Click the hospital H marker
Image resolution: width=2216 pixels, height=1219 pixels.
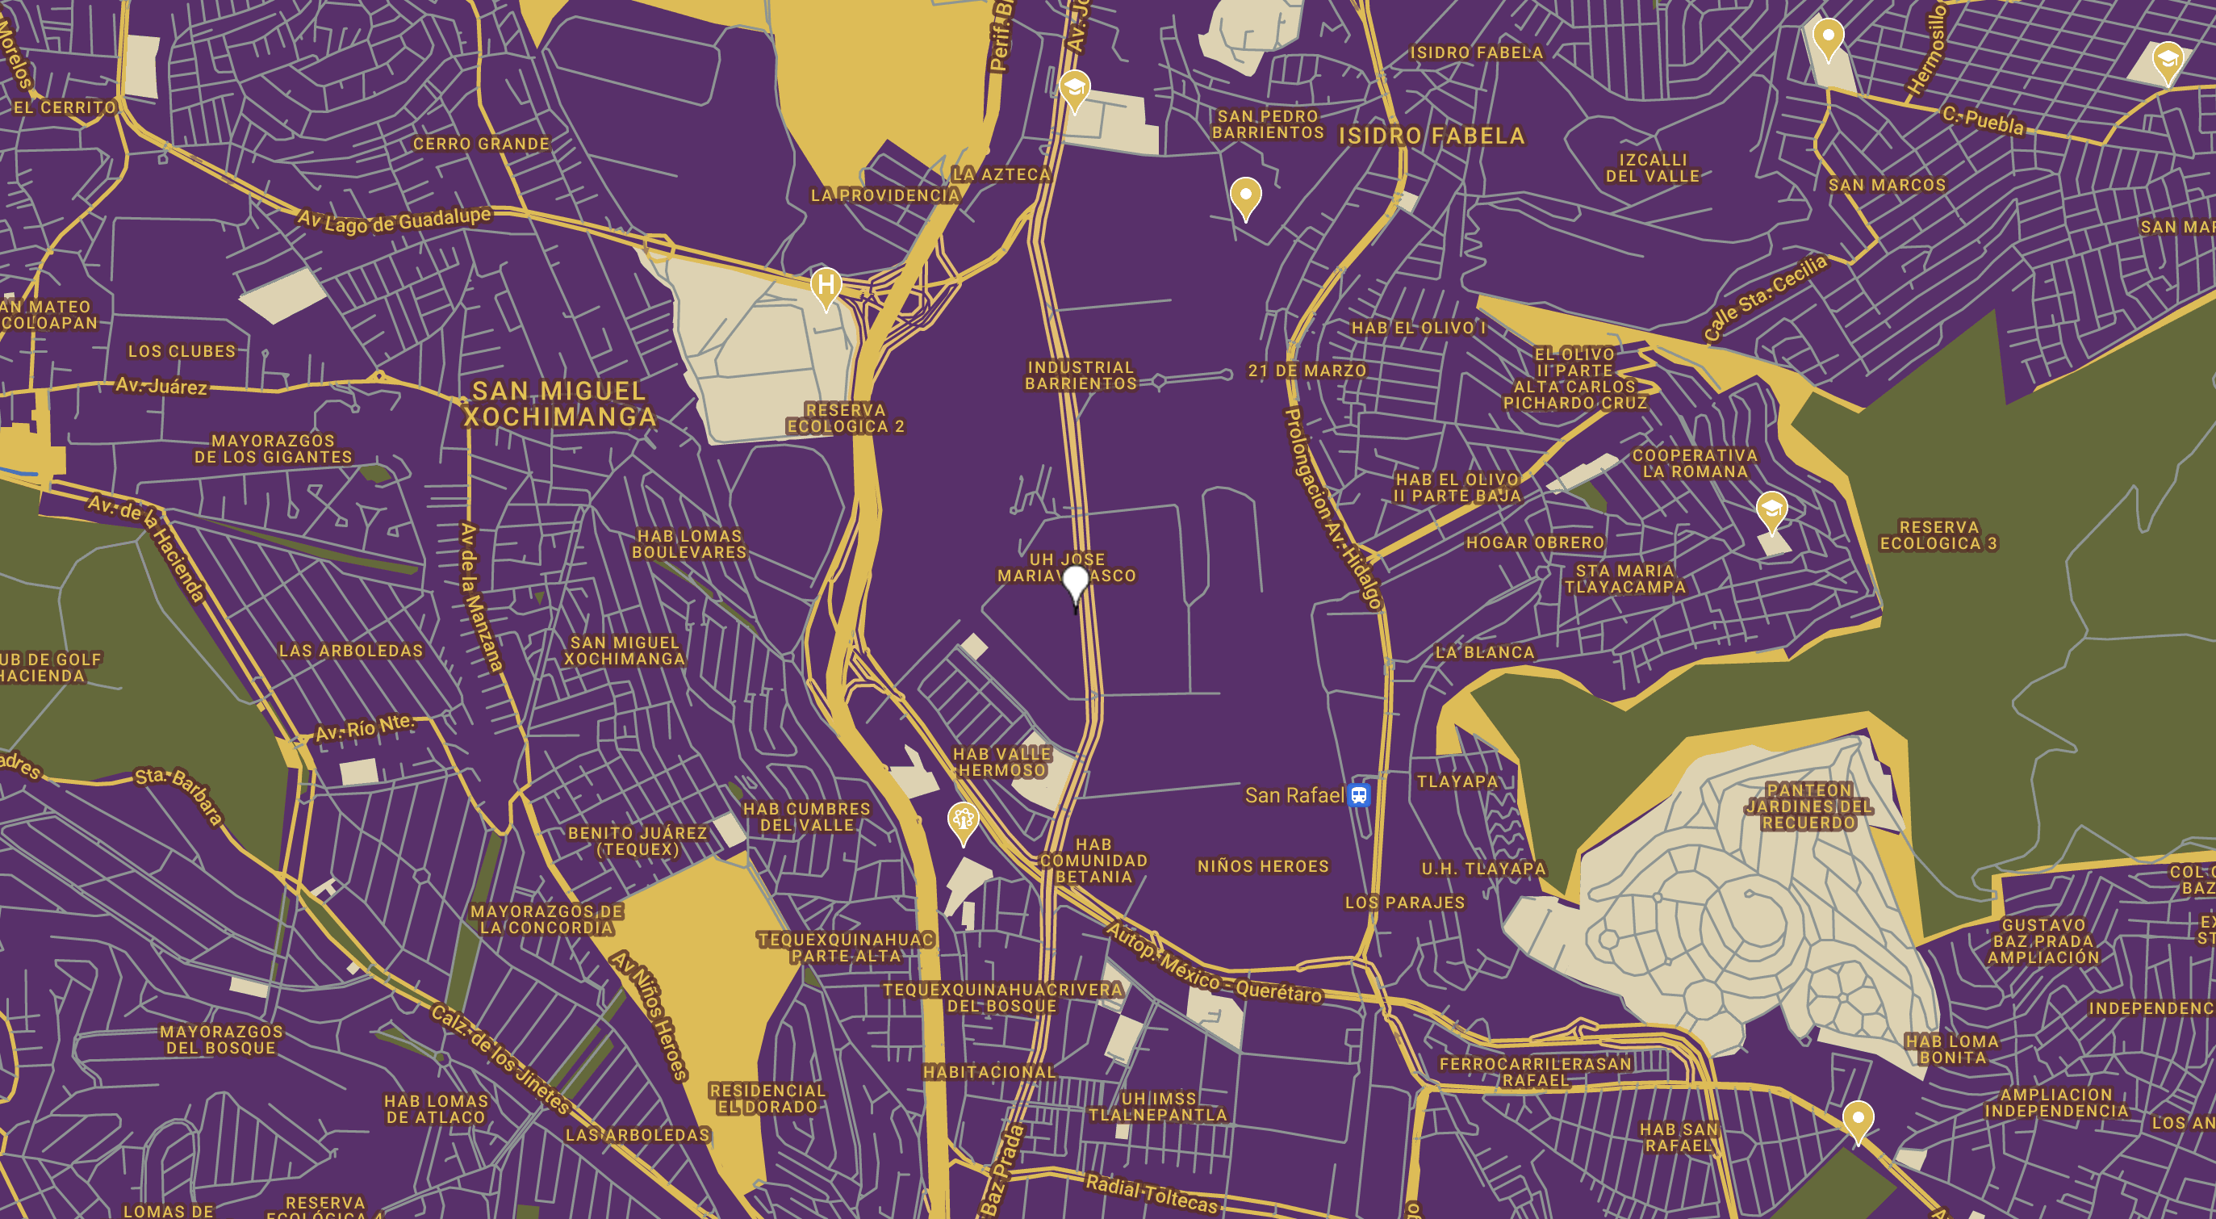[x=826, y=285]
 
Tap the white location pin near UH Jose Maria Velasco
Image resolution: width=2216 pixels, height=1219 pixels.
[x=1075, y=584]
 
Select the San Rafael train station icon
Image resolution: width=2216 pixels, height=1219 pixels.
[x=1358, y=795]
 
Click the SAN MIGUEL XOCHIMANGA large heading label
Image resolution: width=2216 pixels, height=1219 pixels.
[x=559, y=404]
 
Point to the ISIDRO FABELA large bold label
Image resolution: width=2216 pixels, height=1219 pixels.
[x=1432, y=136]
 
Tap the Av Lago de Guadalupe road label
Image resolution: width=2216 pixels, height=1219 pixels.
[x=394, y=220]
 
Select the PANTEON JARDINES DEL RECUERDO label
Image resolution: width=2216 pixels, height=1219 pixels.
[x=1808, y=806]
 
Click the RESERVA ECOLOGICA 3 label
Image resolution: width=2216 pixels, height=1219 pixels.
[x=1938, y=535]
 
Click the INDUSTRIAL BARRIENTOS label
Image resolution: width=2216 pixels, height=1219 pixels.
[x=1081, y=375]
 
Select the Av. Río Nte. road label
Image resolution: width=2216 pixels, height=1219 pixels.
[x=365, y=729]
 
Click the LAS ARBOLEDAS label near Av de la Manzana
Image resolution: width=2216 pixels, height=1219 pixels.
[x=351, y=651]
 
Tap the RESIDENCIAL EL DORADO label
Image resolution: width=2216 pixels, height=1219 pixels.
[x=767, y=1099]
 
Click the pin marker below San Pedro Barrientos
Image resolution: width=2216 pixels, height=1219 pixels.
[x=1244, y=195]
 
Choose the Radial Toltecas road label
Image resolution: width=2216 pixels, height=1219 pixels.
[x=1151, y=1194]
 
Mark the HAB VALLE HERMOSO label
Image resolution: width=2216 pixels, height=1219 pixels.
[x=1001, y=762]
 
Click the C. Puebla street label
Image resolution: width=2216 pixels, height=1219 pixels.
[x=1983, y=120]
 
